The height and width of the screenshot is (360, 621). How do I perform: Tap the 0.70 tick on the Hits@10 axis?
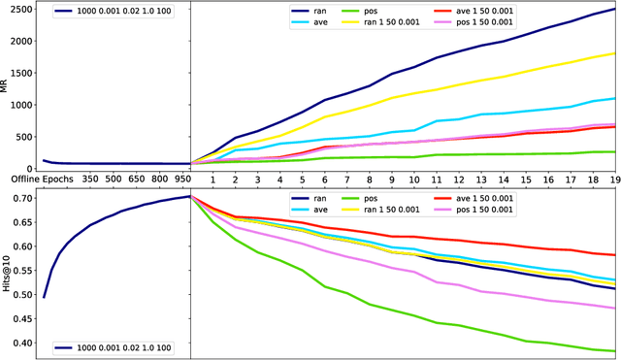(21, 198)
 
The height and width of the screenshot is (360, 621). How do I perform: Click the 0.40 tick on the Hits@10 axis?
(21, 343)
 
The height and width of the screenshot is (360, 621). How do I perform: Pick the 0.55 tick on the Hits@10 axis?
(21, 270)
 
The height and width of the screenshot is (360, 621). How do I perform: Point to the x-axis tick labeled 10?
(414, 180)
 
